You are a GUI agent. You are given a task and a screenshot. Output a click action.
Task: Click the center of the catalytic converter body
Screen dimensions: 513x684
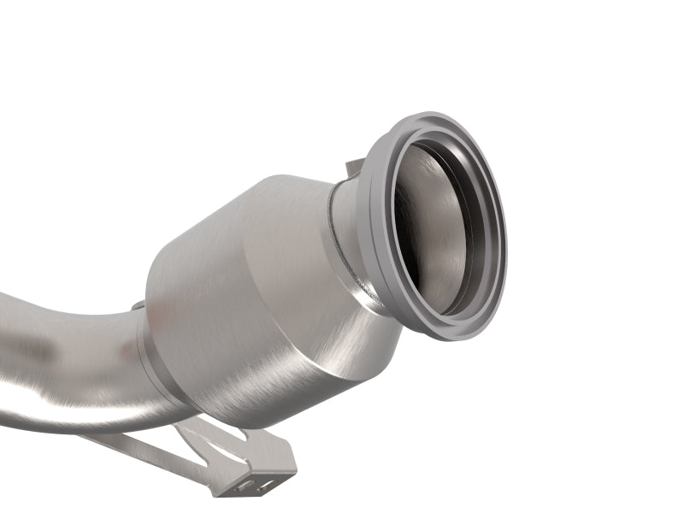click(248, 308)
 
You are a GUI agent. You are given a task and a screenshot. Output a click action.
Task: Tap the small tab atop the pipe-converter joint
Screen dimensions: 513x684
click(137, 304)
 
